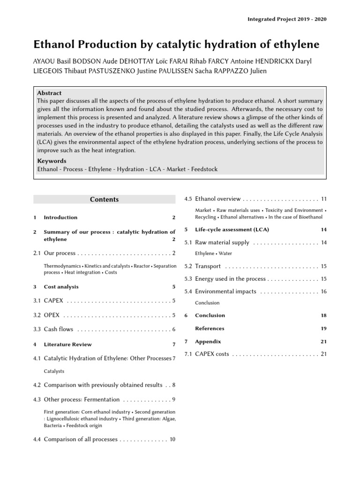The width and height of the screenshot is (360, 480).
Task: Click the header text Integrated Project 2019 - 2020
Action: [x=287, y=19]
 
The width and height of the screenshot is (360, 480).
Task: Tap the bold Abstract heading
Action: [x=49, y=93]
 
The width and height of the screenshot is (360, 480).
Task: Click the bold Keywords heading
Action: [x=52, y=161]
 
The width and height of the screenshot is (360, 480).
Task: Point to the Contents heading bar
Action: [x=105, y=199]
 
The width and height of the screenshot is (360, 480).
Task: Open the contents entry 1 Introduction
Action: [x=60, y=217]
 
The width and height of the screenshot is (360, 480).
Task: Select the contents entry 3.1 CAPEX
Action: [x=53, y=300]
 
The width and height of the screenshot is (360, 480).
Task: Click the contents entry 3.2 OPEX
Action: [x=52, y=315]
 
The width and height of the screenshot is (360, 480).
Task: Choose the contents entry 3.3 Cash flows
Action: [x=58, y=330]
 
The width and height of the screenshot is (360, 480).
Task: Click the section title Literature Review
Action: [x=67, y=345]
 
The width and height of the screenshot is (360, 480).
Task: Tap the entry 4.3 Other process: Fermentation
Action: [x=82, y=399]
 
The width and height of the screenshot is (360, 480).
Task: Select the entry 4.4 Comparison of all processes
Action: [x=80, y=439]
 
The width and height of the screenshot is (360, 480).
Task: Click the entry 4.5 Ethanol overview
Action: [x=217, y=199]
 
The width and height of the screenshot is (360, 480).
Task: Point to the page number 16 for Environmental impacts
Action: [x=323, y=292]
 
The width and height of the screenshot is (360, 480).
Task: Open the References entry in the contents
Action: [x=210, y=329]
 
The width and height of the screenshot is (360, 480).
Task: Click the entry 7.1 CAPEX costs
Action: [x=211, y=354]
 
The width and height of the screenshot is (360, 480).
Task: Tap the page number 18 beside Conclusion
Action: [x=323, y=315]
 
